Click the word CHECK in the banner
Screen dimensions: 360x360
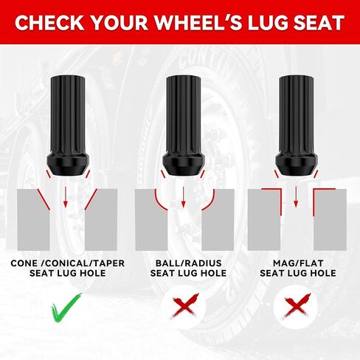click(x=49, y=23)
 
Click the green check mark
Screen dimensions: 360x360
click(x=66, y=308)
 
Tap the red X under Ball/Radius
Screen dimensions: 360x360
click(x=185, y=305)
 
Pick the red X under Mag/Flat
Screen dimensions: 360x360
click(x=297, y=305)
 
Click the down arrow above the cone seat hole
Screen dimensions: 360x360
click(x=66, y=197)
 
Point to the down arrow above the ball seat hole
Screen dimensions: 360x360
click(x=183, y=197)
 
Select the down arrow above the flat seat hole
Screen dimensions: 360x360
click(x=296, y=197)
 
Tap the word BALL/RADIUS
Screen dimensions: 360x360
click(x=189, y=263)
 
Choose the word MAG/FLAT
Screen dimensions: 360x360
click(x=298, y=263)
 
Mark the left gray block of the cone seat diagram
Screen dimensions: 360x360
click(x=33, y=220)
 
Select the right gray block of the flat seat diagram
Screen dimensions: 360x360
click(x=330, y=220)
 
